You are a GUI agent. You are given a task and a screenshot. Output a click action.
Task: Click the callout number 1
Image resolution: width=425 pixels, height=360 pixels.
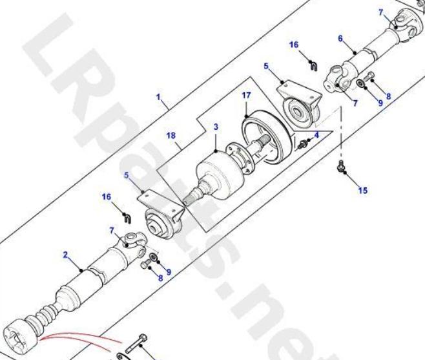tap(158, 97)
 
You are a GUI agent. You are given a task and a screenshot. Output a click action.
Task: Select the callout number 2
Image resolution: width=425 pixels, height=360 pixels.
tap(65, 255)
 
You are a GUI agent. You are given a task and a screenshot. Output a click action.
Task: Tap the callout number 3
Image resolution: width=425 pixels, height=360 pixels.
tap(216, 127)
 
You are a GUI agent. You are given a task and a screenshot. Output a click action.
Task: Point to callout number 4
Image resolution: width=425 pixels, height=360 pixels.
tap(316, 135)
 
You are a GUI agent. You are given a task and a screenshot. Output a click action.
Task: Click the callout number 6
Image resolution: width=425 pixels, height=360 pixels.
tap(340, 39)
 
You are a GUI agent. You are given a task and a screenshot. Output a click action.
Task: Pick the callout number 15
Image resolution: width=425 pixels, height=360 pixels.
tap(363, 191)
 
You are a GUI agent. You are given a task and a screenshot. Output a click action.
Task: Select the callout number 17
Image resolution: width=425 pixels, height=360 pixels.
tap(246, 96)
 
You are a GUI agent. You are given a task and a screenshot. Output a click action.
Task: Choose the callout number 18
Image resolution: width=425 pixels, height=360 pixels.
tap(171, 135)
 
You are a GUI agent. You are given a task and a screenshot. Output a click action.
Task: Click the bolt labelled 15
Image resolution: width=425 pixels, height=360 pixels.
tap(340, 165)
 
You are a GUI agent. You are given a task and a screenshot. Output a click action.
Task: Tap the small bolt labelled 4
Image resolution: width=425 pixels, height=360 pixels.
tap(302, 145)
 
